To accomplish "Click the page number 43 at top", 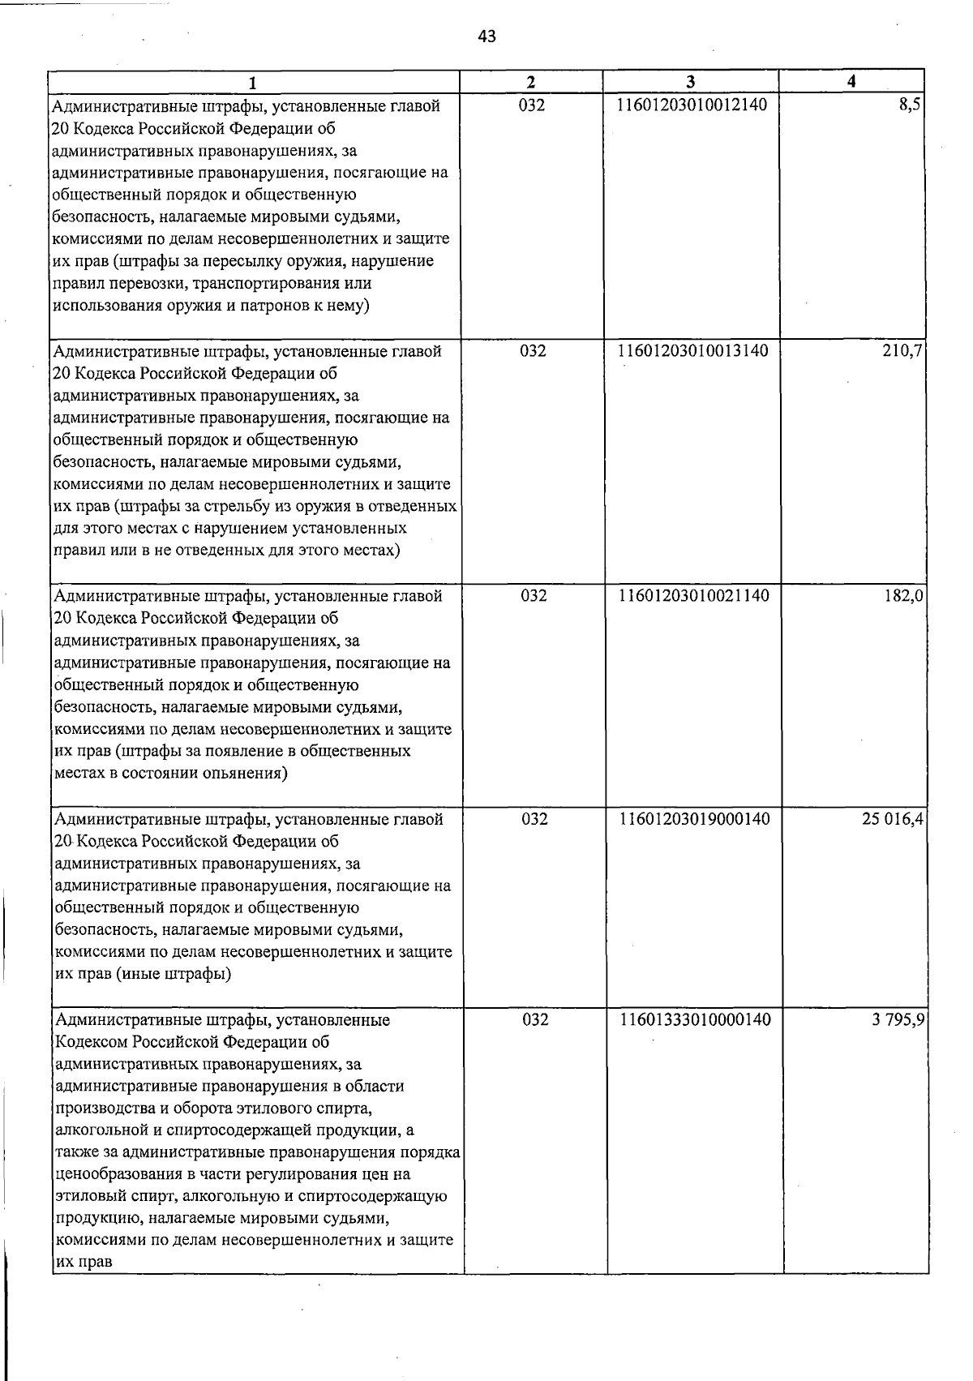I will [x=487, y=36].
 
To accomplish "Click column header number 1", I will [x=254, y=83].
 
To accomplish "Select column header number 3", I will [x=690, y=82].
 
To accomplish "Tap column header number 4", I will [x=851, y=81].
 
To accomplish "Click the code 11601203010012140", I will [x=692, y=105].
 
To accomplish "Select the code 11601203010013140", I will [x=692, y=351].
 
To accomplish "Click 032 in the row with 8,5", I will [x=532, y=105].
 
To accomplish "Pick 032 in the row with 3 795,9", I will [x=535, y=1019].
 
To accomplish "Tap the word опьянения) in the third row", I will [x=246, y=773].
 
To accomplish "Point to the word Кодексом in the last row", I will [x=89, y=1042].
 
